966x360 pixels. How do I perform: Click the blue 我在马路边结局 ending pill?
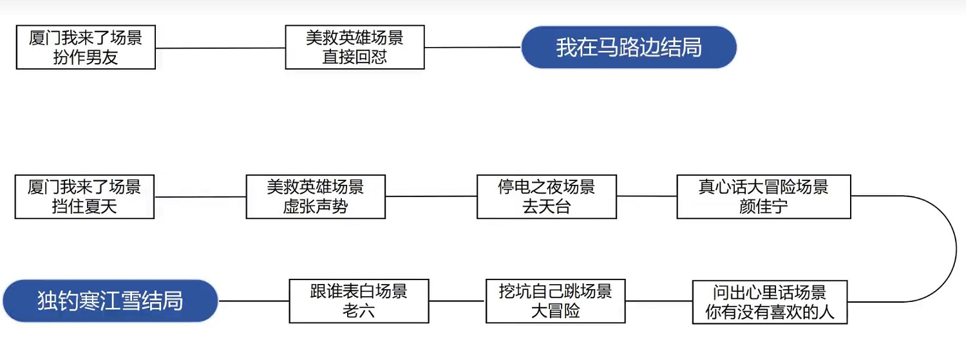(629, 48)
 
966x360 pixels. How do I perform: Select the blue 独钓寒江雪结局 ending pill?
(110, 301)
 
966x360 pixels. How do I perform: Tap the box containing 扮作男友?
(86, 47)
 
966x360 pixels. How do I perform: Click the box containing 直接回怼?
(355, 47)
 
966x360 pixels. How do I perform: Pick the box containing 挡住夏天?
(84, 196)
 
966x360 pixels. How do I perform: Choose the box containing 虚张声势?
(316, 196)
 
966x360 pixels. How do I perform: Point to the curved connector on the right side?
(956, 248)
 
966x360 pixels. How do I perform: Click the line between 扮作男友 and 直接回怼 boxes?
(220, 48)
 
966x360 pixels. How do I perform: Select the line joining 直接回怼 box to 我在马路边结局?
(472, 47)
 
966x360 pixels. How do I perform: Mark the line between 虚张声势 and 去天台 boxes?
(431, 196)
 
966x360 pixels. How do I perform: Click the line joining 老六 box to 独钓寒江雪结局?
(253, 301)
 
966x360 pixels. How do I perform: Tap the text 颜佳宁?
(763, 207)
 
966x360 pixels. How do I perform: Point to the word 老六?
(359, 312)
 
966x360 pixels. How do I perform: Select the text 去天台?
(546, 207)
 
